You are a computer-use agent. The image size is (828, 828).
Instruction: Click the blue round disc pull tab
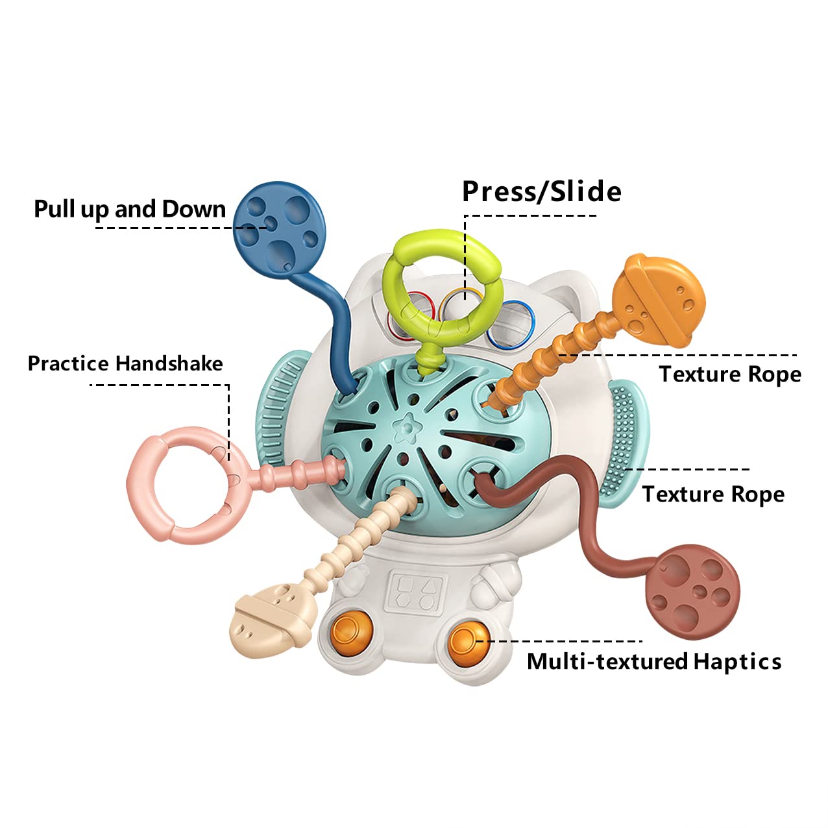coord(279,230)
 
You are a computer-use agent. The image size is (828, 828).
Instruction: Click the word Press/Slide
coord(541,191)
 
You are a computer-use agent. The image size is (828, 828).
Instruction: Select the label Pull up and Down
coord(130,209)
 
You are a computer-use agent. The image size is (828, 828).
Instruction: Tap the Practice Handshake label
coord(125,363)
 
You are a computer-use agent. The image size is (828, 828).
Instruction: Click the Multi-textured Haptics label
coord(654,661)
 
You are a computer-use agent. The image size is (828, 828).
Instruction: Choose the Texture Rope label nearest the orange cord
coord(730,374)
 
